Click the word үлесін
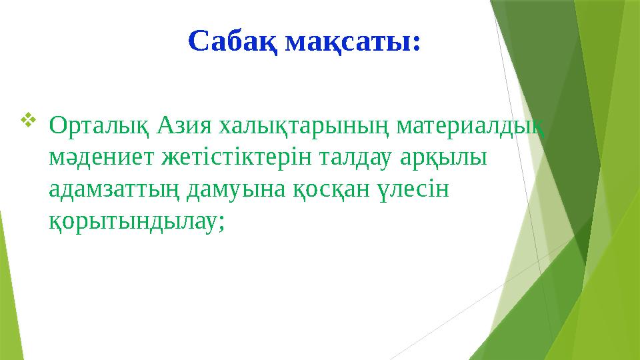pos(413,191)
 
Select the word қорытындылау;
pos(137,224)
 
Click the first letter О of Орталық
pos(57,125)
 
